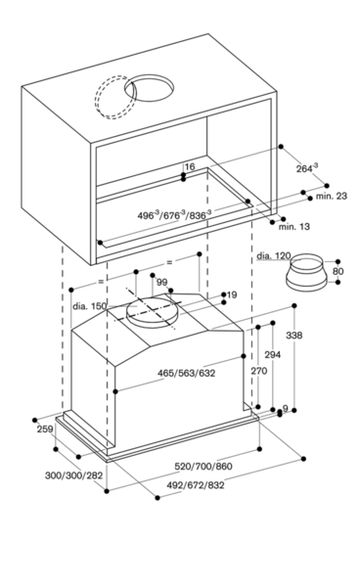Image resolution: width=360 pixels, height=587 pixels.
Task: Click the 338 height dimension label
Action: (x=293, y=336)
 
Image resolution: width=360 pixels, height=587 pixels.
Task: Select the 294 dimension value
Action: (x=272, y=354)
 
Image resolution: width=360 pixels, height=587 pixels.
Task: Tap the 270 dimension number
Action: (x=259, y=371)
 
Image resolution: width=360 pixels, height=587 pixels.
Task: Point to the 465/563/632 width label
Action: (x=187, y=373)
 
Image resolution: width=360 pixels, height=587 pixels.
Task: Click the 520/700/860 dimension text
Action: (x=203, y=466)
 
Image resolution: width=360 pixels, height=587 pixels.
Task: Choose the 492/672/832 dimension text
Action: (x=196, y=485)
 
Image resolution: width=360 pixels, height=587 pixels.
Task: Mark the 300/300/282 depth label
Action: (x=73, y=475)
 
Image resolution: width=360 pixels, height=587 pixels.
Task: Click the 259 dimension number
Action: (x=45, y=429)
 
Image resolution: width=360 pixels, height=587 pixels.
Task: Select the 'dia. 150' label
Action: (x=89, y=306)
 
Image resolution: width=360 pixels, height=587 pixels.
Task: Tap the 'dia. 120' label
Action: (x=274, y=256)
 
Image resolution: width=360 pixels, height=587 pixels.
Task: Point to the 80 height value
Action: (x=337, y=271)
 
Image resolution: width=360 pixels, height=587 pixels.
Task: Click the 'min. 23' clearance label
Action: (x=332, y=196)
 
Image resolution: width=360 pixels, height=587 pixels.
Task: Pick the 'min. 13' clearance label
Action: (x=294, y=227)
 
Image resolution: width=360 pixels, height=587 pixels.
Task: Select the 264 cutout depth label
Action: (x=307, y=168)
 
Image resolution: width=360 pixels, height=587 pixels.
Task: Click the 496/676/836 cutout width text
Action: (x=174, y=214)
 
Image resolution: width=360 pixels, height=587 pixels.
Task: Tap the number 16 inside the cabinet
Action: (x=190, y=166)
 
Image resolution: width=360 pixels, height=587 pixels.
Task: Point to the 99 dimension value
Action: (x=161, y=282)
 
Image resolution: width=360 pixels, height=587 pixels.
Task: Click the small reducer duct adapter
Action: (x=306, y=272)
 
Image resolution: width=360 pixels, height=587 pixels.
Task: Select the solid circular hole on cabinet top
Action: (x=149, y=88)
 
